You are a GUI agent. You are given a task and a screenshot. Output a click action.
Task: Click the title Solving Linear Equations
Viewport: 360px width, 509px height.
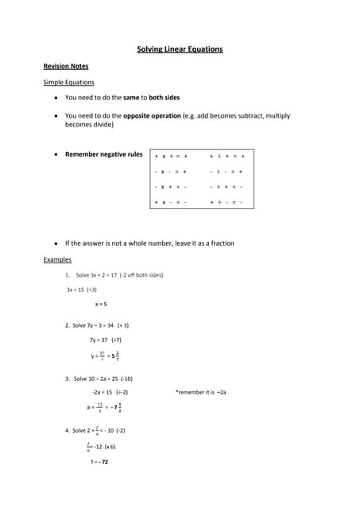(180, 49)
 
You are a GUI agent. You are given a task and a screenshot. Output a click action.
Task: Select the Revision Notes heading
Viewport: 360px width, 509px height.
(66, 66)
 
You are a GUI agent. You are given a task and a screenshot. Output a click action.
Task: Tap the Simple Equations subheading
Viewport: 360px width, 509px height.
(68, 82)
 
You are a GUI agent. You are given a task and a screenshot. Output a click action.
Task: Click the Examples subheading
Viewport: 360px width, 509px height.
(57, 259)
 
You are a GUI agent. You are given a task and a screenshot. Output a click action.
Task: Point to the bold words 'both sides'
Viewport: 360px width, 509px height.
(164, 97)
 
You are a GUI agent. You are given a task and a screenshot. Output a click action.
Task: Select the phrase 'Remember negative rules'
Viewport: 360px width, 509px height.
(103, 154)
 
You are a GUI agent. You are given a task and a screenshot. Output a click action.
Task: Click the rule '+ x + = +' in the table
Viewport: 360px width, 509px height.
(171, 156)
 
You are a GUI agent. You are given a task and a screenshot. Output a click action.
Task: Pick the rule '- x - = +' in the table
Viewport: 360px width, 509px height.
(171, 171)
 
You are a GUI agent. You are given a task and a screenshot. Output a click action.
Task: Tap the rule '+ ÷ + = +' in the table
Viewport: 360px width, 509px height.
(226, 156)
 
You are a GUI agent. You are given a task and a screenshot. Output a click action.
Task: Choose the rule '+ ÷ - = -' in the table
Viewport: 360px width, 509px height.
(226, 202)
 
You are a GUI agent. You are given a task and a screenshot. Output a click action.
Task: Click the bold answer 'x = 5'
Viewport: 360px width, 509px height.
(101, 304)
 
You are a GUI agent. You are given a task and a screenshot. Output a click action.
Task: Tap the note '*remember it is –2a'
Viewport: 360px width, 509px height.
(200, 392)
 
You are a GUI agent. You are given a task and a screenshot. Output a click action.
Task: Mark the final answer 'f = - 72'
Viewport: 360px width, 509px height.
(99, 461)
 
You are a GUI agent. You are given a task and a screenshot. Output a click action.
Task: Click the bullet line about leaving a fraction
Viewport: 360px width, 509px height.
(149, 243)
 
